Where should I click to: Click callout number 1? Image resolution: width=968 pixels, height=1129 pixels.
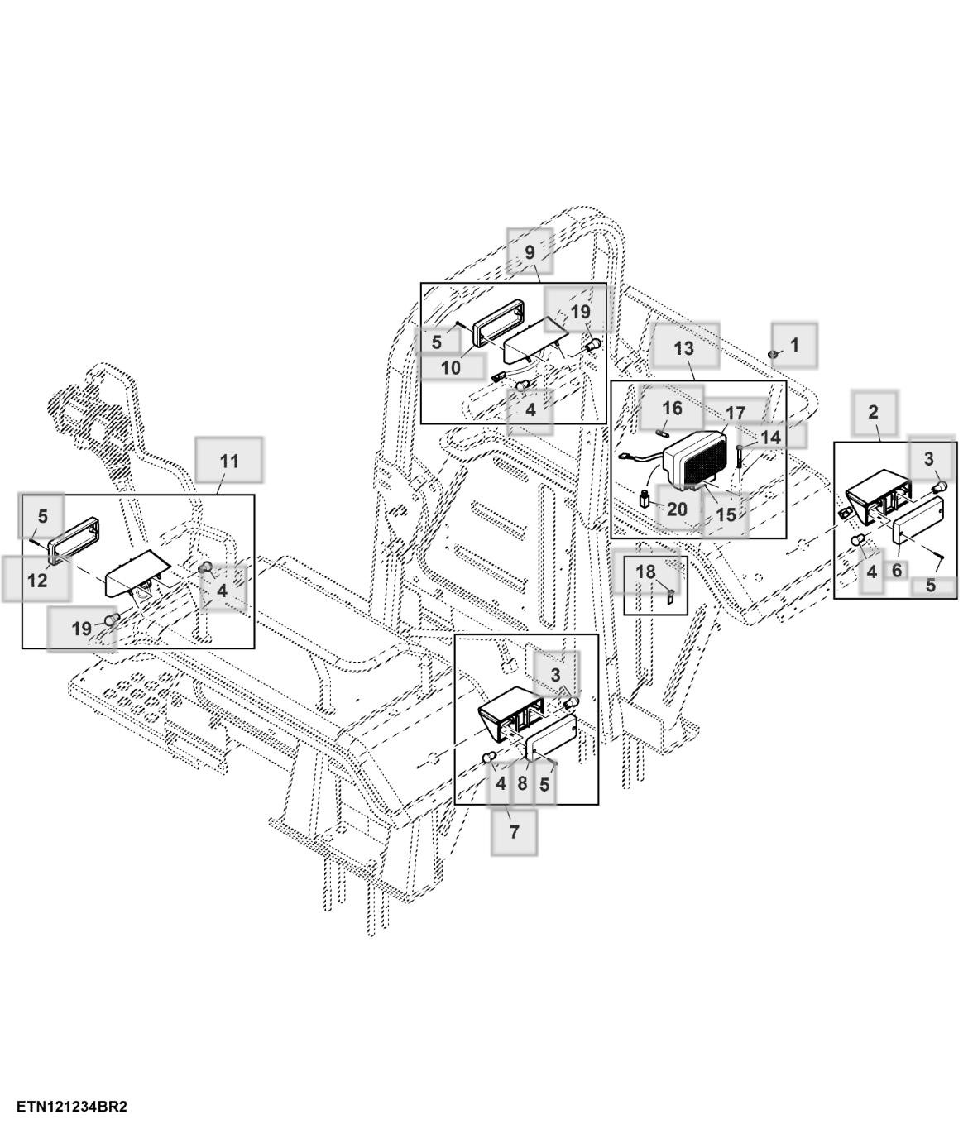point(795,344)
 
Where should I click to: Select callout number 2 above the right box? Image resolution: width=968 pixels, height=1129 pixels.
point(874,411)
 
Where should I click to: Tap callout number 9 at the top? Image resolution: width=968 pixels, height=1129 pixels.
point(530,251)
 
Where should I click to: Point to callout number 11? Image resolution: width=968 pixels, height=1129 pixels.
point(229,461)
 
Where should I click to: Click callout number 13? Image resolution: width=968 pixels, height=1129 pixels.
point(684,347)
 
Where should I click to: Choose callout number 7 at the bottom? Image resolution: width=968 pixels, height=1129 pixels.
point(514,831)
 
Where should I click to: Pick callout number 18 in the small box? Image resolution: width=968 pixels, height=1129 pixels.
point(645,572)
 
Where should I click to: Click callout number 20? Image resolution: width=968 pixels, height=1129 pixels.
point(677,509)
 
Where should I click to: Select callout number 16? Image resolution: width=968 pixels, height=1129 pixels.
point(672,408)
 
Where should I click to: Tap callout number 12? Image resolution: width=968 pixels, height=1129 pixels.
point(37,580)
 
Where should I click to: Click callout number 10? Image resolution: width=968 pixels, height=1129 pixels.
point(450,367)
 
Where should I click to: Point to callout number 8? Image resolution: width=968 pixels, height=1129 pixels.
point(522,782)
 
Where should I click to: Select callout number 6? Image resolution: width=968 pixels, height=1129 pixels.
point(896,570)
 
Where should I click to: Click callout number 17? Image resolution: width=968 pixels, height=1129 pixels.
point(736,413)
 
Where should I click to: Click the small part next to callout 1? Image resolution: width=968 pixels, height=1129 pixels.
point(773,354)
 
